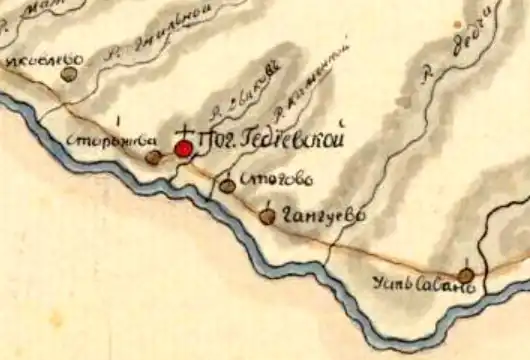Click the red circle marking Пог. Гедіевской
(x=183, y=149)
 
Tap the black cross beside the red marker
(x=186, y=132)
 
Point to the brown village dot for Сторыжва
(x=152, y=157)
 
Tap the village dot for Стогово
(x=228, y=185)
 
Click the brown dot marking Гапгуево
(x=267, y=215)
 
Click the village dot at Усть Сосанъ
(x=466, y=274)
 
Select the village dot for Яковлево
(x=69, y=72)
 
